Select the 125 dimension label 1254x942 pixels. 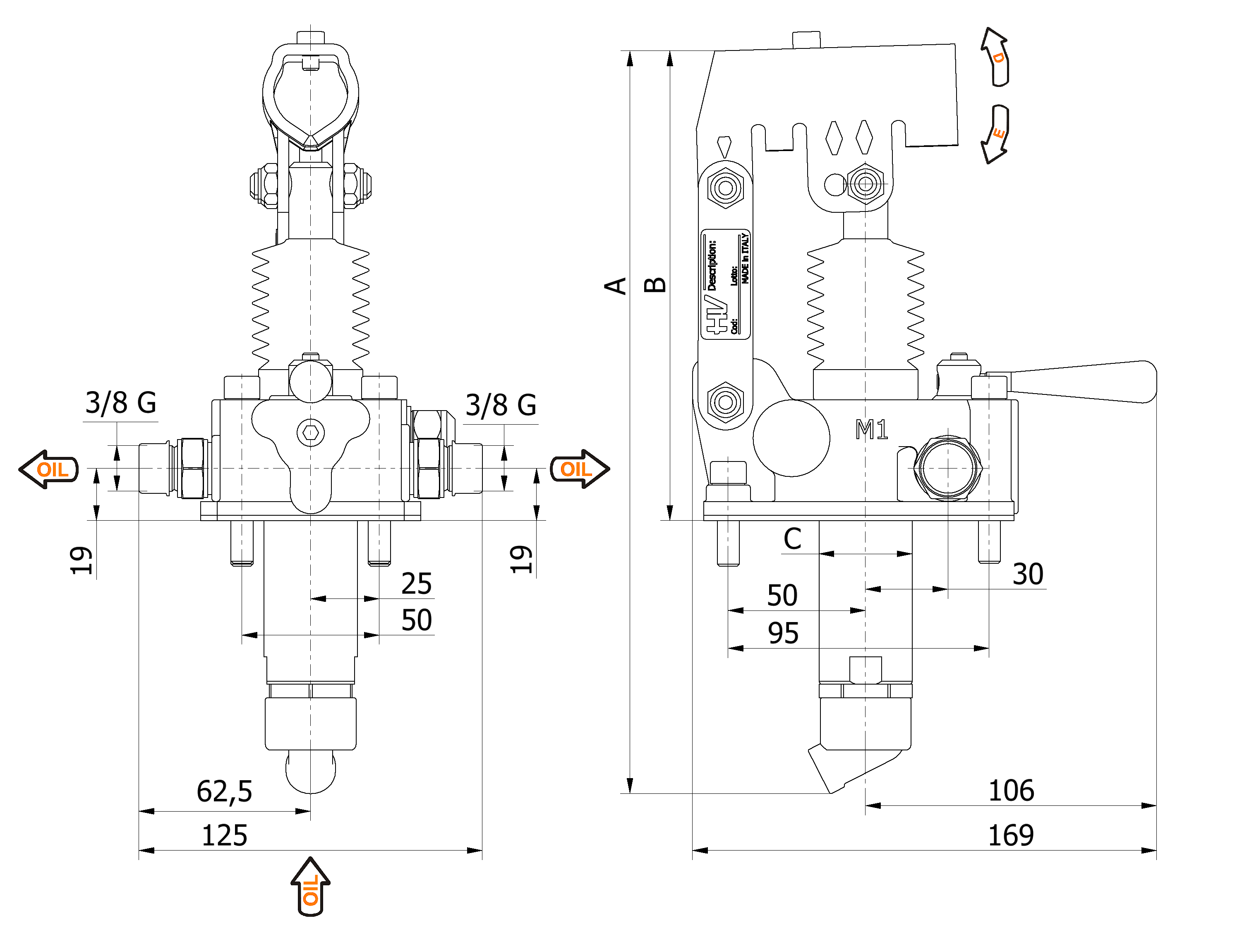225,835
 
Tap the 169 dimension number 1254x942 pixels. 1010,835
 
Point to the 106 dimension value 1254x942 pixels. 1011,791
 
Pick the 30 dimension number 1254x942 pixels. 1028,574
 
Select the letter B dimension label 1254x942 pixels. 655,285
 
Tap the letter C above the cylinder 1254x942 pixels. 792,539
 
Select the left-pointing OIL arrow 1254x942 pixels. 49,469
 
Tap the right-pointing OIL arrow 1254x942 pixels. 579,469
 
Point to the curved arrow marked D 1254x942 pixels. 996,57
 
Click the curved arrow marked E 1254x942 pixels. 996,134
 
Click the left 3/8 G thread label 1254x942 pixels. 121,403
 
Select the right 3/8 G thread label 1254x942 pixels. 501,405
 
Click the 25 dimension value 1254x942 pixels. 416,584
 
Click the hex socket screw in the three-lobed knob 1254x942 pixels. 310,433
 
